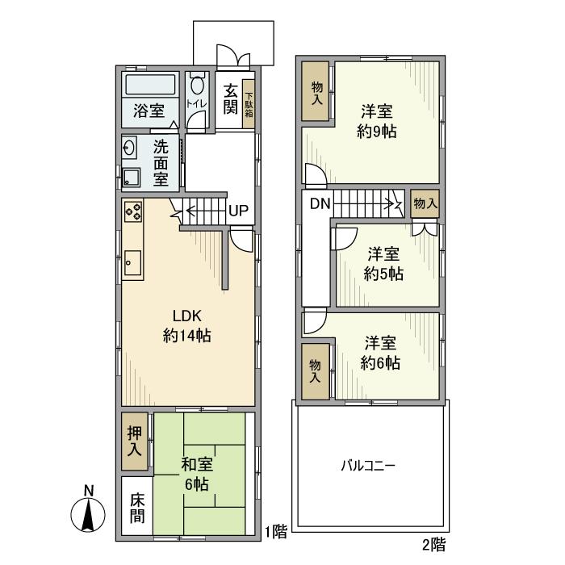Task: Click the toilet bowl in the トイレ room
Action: (x=197, y=85)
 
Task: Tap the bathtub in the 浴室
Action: (x=150, y=85)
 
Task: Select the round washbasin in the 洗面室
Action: (x=129, y=148)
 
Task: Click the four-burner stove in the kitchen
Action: (x=133, y=211)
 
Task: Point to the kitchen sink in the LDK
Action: (x=133, y=262)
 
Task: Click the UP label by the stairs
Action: (x=239, y=211)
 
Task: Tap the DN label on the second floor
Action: (x=320, y=204)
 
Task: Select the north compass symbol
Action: (x=88, y=510)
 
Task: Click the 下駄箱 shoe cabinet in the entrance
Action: (x=249, y=104)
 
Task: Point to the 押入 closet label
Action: (x=135, y=442)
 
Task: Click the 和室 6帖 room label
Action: (x=197, y=475)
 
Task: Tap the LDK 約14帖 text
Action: (x=187, y=326)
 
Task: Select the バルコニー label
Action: (x=368, y=466)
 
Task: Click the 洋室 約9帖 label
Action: (x=377, y=121)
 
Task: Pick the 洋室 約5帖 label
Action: (x=383, y=264)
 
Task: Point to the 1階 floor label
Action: (x=276, y=531)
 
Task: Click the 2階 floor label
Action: (x=434, y=545)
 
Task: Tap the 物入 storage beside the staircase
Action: (x=425, y=203)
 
